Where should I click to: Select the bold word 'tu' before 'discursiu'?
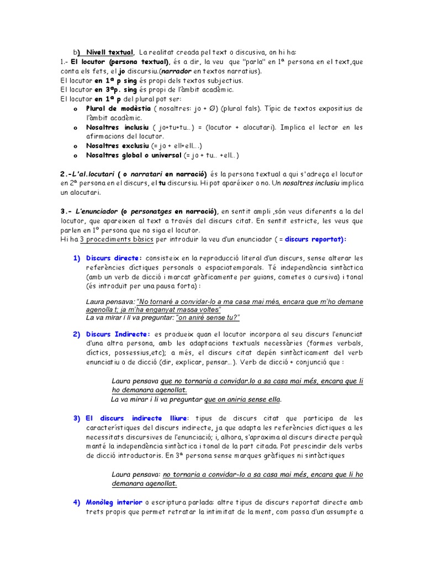tap(162, 184)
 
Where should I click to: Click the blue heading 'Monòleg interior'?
tap(114, 503)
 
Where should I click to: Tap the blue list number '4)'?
tap(77, 503)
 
